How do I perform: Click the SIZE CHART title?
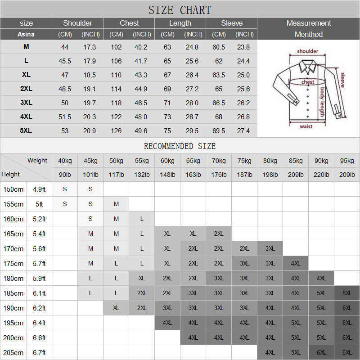180,10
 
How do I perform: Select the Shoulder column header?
77,23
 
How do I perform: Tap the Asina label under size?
26,34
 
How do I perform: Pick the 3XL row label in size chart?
26,103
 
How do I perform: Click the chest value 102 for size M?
116,47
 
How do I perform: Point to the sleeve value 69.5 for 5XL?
219,131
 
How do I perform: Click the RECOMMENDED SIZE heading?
180,146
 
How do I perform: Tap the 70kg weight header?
219,161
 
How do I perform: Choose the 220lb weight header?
321,175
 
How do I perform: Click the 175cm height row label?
13,263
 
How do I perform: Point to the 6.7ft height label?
39,352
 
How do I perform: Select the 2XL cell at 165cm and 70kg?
219,234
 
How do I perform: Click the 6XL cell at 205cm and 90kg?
321,352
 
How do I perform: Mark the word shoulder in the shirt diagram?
307,51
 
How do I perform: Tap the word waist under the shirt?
306,126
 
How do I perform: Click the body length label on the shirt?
322,103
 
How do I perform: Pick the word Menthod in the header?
308,35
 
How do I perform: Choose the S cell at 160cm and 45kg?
90,219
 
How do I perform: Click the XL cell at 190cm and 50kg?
116,308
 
